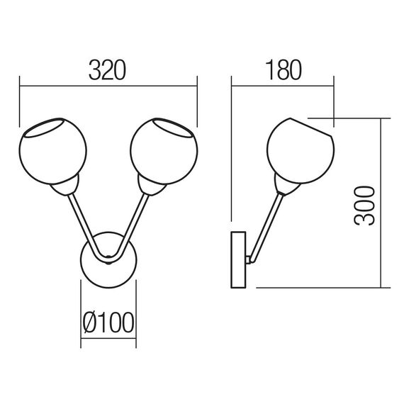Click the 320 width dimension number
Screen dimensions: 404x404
pos(107,70)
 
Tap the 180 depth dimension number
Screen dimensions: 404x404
pos(284,70)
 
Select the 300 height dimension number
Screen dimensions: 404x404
pos(364,206)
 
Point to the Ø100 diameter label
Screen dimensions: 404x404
pos(108,322)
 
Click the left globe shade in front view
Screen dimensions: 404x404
pos(53,151)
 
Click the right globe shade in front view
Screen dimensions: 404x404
pos(164,151)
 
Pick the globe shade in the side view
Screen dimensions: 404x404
pos(301,151)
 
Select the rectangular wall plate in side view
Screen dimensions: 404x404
pos(238,259)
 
